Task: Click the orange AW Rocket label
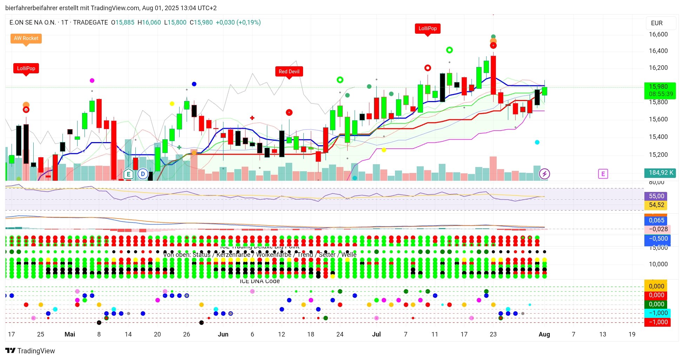(x=26, y=38)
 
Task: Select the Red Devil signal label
(x=289, y=72)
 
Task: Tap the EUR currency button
(x=657, y=23)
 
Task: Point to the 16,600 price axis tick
(x=658, y=34)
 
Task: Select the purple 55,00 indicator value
(x=656, y=196)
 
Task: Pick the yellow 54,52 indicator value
(x=656, y=205)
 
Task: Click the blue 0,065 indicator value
(x=656, y=220)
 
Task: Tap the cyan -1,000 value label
(x=658, y=313)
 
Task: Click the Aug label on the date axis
(x=544, y=334)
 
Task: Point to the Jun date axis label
(x=223, y=334)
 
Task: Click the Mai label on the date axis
(x=70, y=334)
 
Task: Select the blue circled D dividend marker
(x=143, y=174)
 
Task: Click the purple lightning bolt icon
(x=544, y=174)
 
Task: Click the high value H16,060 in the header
(x=149, y=22)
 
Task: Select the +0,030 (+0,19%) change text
(x=238, y=22)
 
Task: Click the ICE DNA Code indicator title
(x=260, y=281)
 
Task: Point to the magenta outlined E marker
(x=603, y=174)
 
